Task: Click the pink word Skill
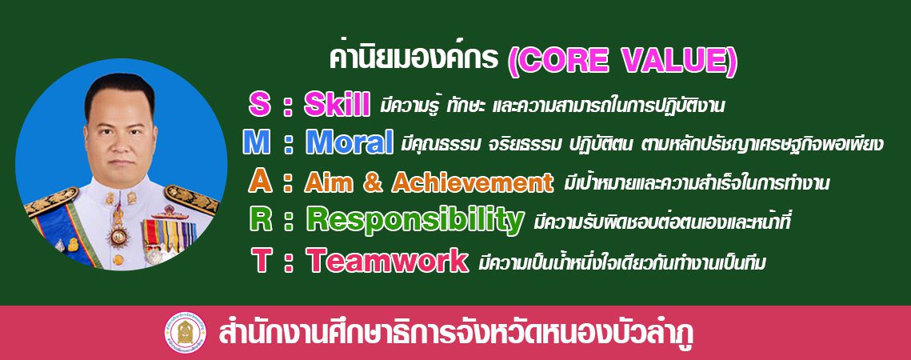coord(337,105)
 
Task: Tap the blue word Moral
coord(350,142)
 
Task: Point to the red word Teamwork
coord(387,260)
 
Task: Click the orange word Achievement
coord(473,182)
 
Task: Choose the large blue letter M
coord(256,142)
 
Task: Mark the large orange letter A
coord(260,182)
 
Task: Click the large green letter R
coord(260,219)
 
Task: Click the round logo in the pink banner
coord(185,334)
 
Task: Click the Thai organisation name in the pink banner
coord(456,334)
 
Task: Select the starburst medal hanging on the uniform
coord(119,236)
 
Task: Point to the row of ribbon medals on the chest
coord(170,234)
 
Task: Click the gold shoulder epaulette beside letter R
coord(191,199)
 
